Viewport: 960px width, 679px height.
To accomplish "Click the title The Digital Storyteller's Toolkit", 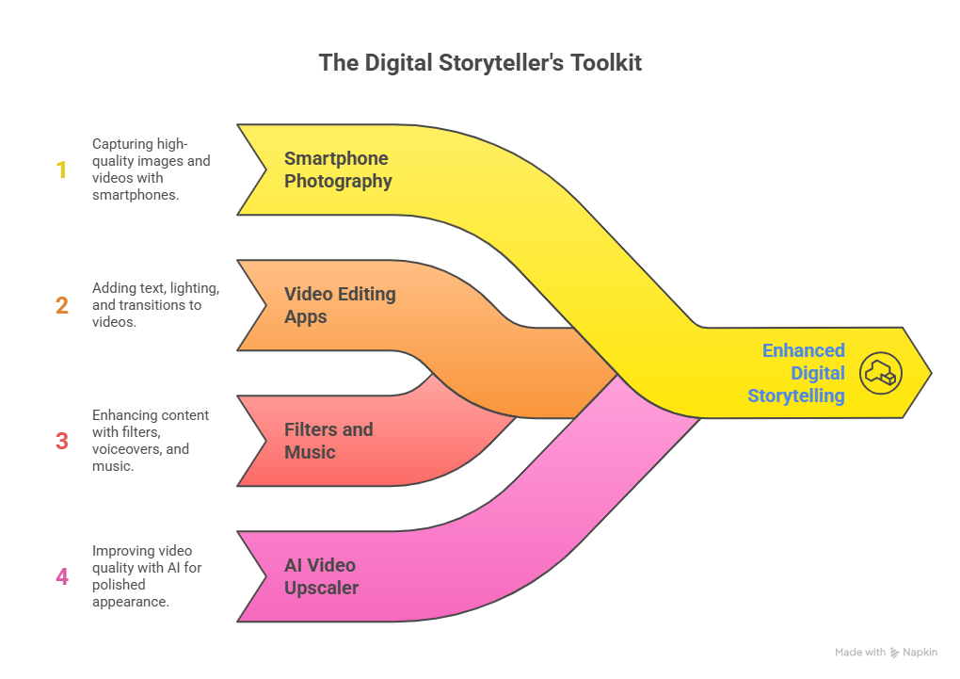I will [x=480, y=63].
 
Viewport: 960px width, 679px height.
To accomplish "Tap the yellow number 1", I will [x=62, y=170].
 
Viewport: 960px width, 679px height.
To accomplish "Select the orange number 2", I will [x=62, y=306].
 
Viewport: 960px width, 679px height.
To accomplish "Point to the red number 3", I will [x=62, y=441].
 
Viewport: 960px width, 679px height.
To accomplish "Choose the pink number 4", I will [x=62, y=576].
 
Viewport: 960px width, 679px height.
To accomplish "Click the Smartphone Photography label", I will [x=337, y=170].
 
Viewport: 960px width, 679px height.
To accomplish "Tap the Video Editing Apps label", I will [x=339, y=305].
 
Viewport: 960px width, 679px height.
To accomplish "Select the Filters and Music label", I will [x=328, y=441].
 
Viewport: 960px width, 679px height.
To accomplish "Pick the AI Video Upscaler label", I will [x=320, y=576].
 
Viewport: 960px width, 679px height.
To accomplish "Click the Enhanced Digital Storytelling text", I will [x=796, y=373].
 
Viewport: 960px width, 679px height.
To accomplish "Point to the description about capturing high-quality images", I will [x=151, y=170].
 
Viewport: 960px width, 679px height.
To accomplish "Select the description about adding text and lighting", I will [x=155, y=305].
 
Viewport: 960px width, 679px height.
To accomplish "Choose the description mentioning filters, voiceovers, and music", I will [x=151, y=441].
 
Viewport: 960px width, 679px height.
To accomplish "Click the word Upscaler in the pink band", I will [x=321, y=589].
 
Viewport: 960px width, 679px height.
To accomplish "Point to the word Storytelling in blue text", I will [x=796, y=396].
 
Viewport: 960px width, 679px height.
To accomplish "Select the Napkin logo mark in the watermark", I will [x=895, y=653].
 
